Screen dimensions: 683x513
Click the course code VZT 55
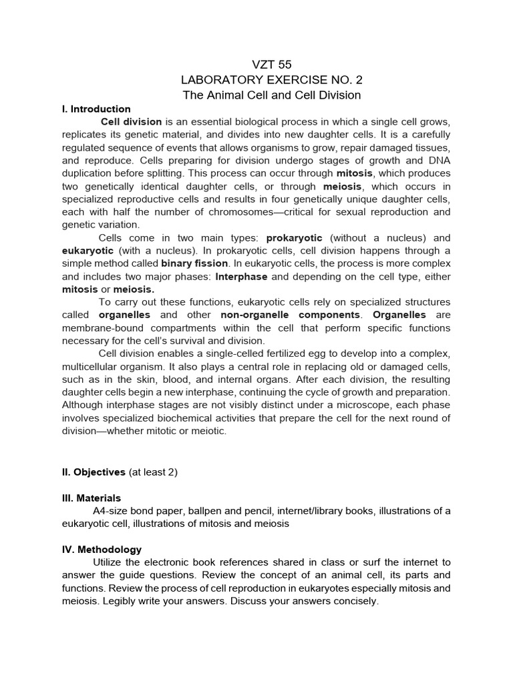pyautogui.click(x=272, y=65)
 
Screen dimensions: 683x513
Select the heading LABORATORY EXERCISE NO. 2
pyautogui.click(x=272, y=80)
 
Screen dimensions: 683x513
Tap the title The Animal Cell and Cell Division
pyautogui.click(x=272, y=95)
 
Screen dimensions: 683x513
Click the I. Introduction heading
pyautogui.click(x=96, y=109)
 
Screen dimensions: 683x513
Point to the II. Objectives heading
pyautogui.click(x=94, y=472)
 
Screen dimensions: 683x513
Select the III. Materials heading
pyautogui.click(x=92, y=498)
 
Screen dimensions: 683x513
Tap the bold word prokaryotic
pyautogui.click(x=294, y=238)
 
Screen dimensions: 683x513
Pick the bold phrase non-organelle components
pyautogui.click(x=291, y=315)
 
